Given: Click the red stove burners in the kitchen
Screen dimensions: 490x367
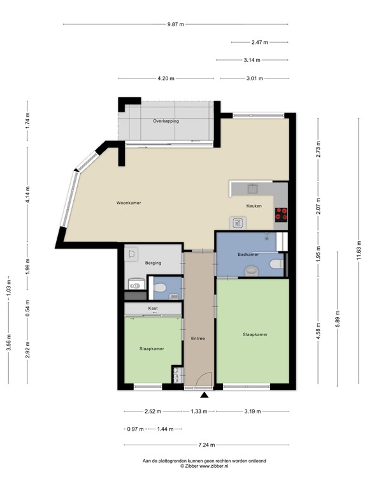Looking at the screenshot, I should tap(281, 214).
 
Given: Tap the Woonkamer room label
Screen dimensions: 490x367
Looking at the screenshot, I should tap(128, 203).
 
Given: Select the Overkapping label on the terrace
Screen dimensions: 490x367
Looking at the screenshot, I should tap(166, 121).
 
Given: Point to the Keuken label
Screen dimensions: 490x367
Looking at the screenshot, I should tap(255, 206).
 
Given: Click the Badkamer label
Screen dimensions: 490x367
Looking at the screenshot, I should tap(248, 255).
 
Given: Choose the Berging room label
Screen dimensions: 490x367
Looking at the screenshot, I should tap(152, 263).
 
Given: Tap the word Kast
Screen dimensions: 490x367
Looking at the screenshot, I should tap(153, 309).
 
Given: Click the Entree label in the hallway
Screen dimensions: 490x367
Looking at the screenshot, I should tap(198, 338).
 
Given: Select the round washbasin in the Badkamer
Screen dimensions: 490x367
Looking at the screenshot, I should tap(252, 271).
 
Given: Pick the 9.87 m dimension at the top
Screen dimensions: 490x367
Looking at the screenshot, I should tap(175, 25).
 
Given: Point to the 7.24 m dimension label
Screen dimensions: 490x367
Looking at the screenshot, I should tap(207, 445).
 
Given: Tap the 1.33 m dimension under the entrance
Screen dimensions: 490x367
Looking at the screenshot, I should tap(199, 412).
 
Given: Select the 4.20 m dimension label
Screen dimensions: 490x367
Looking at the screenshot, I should tap(167, 79).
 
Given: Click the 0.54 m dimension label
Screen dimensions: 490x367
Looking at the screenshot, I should tap(27, 307).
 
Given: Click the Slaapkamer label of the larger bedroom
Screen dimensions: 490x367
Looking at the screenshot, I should tap(254, 334).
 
